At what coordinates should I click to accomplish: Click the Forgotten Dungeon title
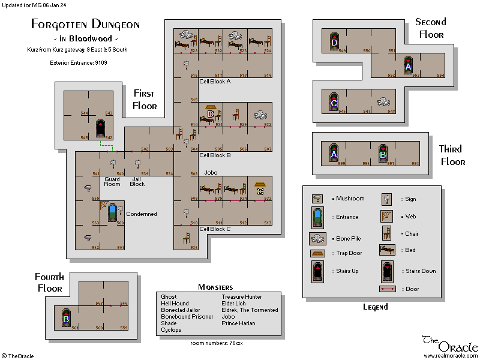(x=85, y=25)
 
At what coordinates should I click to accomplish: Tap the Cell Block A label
(x=215, y=82)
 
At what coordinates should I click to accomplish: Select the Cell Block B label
(x=215, y=155)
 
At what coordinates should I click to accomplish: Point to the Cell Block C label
(x=215, y=229)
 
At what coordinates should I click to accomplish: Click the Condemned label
(x=142, y=214)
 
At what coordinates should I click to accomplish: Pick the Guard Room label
(x=112, y=182)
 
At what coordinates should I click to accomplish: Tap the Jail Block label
(x=137, y=182)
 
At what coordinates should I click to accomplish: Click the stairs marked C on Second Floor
(x=334, y=102)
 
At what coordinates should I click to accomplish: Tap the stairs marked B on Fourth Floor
(x=67, y=318)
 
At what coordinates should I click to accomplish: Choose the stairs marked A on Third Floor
(x=334, y=154)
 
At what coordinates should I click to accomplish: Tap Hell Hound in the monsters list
(x=175, y=304)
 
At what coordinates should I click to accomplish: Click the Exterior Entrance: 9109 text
(x=79, y=62)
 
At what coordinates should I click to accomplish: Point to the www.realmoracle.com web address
(x=450, y=356)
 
